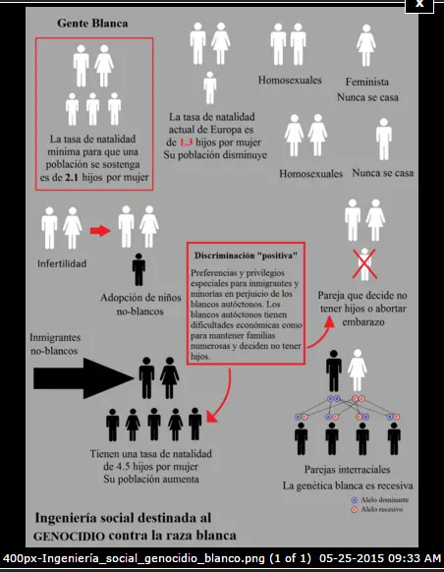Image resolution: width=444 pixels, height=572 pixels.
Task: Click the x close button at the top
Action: (419, 5)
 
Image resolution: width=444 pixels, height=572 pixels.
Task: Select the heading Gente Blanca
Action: (92, 22)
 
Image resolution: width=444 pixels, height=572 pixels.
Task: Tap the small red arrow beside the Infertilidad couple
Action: (98, 231)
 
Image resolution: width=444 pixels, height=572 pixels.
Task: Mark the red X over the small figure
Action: (365, 263)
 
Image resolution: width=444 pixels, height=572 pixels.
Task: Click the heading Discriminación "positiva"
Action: (246, 254)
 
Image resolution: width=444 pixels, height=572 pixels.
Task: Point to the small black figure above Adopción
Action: (139, 267)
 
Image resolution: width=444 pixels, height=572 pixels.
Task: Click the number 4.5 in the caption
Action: (136, 468)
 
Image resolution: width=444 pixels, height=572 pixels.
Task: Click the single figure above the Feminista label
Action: (368, 46)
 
